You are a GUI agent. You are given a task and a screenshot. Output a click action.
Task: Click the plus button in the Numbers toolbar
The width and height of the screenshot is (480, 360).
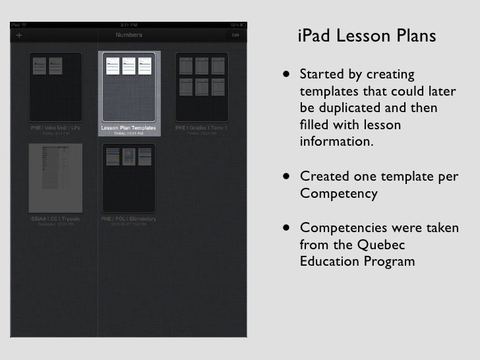click(x=18, y=35)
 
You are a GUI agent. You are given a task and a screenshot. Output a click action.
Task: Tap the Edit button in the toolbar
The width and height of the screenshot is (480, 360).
click(x=235, y=35)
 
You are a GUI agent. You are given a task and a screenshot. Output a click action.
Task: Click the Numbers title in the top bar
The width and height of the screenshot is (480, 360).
click(x=129, y=35)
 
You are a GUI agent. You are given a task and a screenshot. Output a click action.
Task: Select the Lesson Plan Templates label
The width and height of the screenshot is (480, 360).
click(x=129, y=128)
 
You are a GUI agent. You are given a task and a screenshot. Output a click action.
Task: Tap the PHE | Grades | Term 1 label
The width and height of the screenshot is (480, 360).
click(x=201, y=128)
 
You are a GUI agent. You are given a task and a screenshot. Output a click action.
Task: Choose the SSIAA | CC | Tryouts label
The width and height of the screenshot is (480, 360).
click(x=55, y=218)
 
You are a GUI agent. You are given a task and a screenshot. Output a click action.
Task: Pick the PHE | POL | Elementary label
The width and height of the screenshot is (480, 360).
click(x=129, y=218)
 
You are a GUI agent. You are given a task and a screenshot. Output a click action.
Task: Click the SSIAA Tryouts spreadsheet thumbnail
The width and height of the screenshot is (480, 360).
click(x=55, y=178)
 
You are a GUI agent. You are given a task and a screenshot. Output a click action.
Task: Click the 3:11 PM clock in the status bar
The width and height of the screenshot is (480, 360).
click(x=128, y=24)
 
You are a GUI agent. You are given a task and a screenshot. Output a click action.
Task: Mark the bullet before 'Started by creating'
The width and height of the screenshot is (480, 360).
click(x=287, y=74)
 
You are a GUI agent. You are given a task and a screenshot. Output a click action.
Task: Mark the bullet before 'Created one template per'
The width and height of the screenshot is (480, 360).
click(x=287, y=177)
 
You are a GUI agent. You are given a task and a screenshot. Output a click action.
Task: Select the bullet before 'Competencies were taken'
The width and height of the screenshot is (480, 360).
click(x=287, y=228)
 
